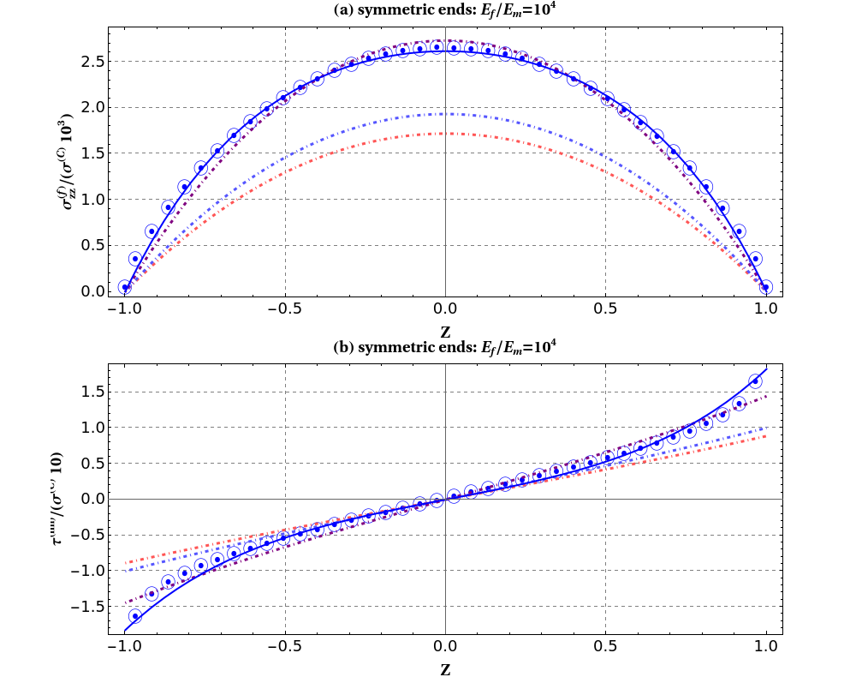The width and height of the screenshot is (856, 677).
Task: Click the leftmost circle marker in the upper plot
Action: tap(125, 287)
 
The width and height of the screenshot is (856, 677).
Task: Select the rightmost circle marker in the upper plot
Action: tap(766, 287)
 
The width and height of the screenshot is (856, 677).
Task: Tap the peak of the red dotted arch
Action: tap(445, 134)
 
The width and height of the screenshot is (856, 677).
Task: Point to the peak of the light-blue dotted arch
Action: tap(445, 114)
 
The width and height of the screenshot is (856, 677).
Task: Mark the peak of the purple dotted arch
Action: tap(445, 40)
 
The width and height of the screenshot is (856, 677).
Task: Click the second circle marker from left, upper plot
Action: tap(135, 259)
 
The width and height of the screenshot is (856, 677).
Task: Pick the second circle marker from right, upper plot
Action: tap(755, 259)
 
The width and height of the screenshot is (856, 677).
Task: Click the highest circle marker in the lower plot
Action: tap(755, 380)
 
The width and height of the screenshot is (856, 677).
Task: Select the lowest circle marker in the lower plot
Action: tap(135, 616)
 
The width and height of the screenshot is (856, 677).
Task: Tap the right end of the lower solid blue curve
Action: tap(766, 368)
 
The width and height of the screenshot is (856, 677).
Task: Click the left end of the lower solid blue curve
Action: tap(126, 631)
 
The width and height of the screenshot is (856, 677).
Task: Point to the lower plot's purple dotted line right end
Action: tap(766, 395)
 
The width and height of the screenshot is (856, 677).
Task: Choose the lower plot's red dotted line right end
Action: tap(766, 436)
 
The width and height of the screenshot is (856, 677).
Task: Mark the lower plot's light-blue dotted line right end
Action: tap(766, 427)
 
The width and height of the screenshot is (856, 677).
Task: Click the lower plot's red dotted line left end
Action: tap(126, 563)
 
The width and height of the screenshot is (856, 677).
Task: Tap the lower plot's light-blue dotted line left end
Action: tap(126, 571)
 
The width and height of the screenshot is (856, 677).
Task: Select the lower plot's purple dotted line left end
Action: tap(126, 603)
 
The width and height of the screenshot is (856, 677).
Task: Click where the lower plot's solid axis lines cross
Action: tap(445, 499)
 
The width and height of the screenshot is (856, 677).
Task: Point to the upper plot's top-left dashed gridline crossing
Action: tap(285, 61)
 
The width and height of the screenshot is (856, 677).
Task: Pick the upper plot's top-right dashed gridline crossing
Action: tap(605, 61)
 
